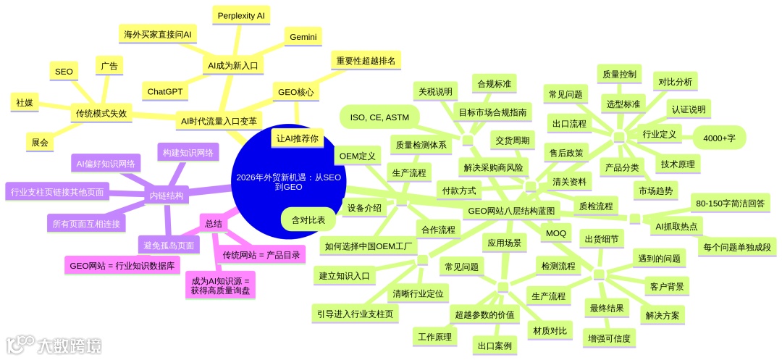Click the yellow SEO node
(x=64, y=71)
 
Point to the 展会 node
(x=40, y=143)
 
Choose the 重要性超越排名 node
(x=366, y=60)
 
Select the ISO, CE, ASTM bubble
(x=379, y=117)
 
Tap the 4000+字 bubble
(x=720, y=137)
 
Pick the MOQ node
(x=556, y=233)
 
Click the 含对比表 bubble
(x=308, y=219)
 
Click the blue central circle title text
(x=293, y=181)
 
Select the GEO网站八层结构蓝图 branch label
(x=512, y=211)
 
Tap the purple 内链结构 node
(x=167, y=196)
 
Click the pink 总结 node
(x=214, y=225)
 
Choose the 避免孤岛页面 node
(x=167, y=245)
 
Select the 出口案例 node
(x=495, y=346)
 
